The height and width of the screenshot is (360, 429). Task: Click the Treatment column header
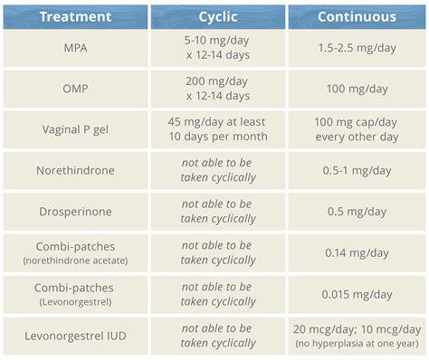pyautogui.click(x=75, y=16)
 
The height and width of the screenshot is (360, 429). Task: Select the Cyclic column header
pyautogui.click(x=217, y=16)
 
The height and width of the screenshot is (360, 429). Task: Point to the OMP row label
pyautogui.click(x=75, y=89)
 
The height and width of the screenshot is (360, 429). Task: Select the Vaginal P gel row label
pyautogui.click(x=75, y=129)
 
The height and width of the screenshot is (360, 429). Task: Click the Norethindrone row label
pyautogui.click(x=75, y=170)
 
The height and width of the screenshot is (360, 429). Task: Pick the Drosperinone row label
pyautogui.click(x=75, y=212)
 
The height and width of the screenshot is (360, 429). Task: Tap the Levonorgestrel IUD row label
pyautogui.click(x=75, y=336)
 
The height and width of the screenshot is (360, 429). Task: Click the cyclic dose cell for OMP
pyautogui.click(x=217, y=89)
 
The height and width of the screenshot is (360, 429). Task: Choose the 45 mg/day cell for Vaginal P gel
pyautogui.click(x=217, y=129)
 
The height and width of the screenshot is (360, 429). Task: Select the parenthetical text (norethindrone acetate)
pyautogui.click(x=75, y=261)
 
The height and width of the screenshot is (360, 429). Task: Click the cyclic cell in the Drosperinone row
pyautogui.click(x=217, y=212)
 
